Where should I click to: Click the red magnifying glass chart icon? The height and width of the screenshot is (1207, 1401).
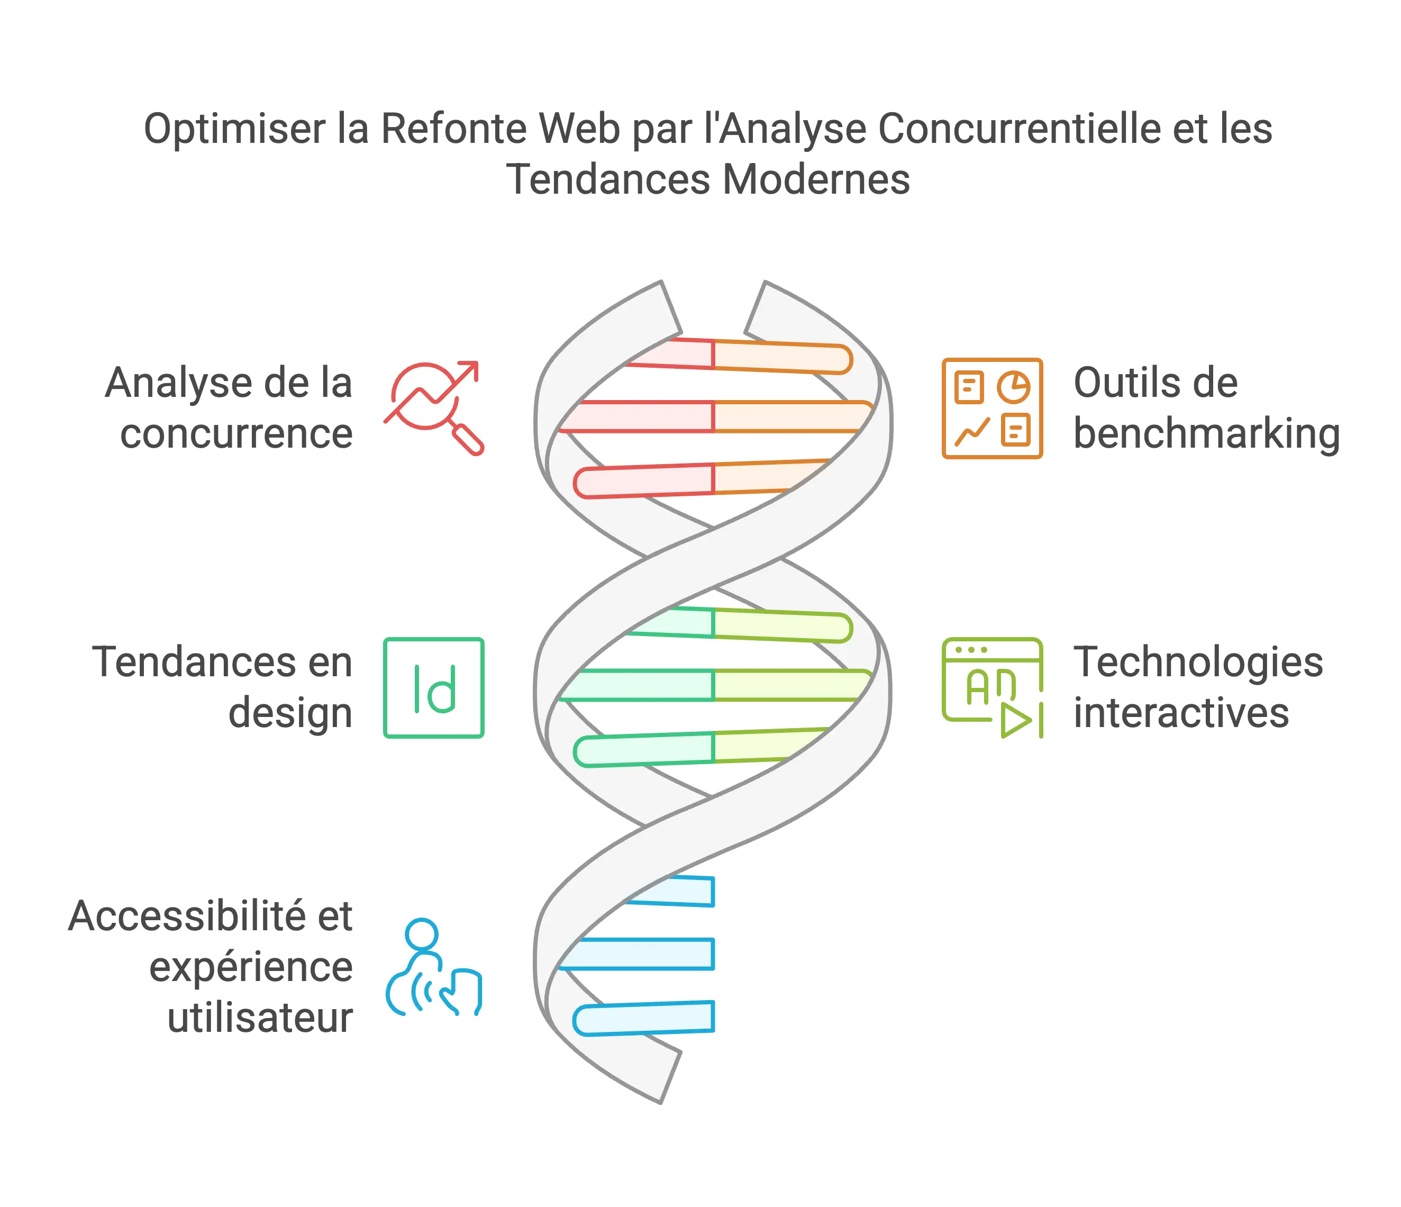point(433,407)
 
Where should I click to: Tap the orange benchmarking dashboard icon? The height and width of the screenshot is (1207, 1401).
point(991,408)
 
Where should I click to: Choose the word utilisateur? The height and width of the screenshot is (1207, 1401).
point(260,1018)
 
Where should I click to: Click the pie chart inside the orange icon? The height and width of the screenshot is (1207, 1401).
point(1014,387)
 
